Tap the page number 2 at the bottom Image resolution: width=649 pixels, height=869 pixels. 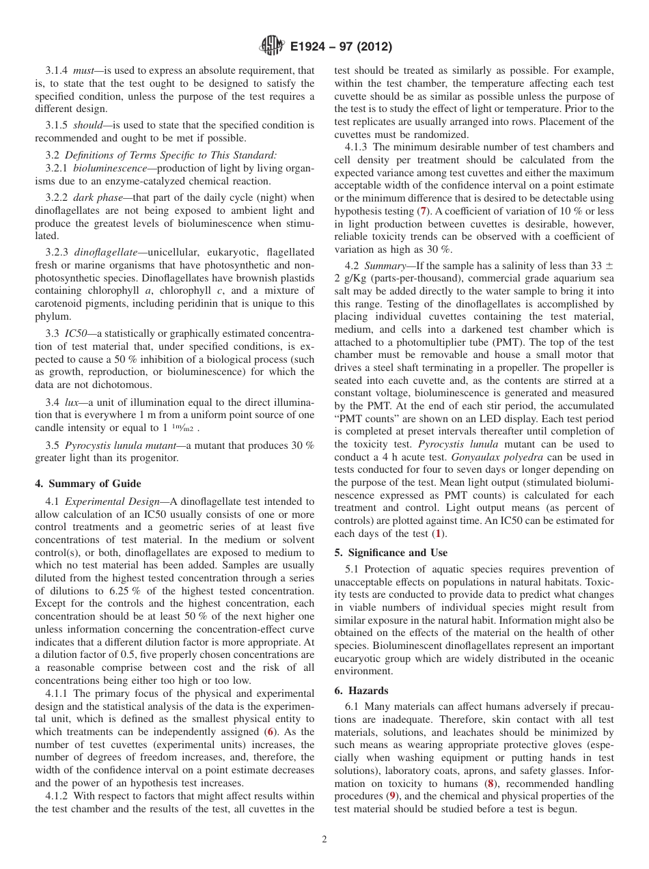tap(324, 840)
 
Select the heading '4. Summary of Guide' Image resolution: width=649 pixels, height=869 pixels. tap(88, 484)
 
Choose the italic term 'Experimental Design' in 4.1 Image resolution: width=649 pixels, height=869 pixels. tap(113, 502)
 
